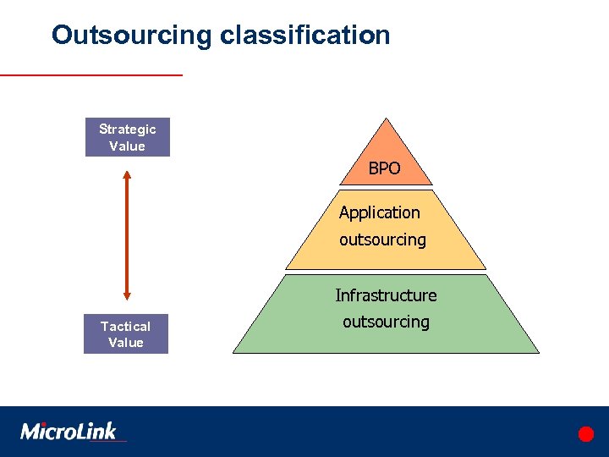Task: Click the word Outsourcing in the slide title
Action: pyautogui.click(x=132, y=36)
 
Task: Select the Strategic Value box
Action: pyautogui.click(x=127, y=137)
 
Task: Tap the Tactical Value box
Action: pyautogui.click(x=125, y=334)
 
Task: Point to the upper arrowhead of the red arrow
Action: pyautogui.click(x=127, y=176)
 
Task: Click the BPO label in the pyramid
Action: pyautogui.click(x=384, y=169)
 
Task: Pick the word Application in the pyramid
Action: pyautogui.click(x=379, y=212)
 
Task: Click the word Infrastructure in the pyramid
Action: pyautogui.click(x=386, y=295)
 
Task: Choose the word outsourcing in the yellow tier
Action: pyautogui.click(x=382, y=240)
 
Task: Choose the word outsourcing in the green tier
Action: pyautogui.click(x=386, y=322)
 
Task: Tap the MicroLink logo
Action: pyautogui.click(x=69, y=431)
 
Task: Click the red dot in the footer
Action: pyautogui.click(x=585, y=434)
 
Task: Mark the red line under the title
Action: pyautogui.click(x=91, y=75)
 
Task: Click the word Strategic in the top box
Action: pyautogui.click(x=127, y=129)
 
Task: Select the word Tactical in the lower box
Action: pyautogui.click(x=125, y=326)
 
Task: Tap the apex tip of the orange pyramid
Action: pyautogui.click(x=386, y=119)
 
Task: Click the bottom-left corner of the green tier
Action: pyautogui.click(x=234, y=351)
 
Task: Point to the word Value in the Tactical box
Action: pyautogui.click(x=125, y=343)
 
